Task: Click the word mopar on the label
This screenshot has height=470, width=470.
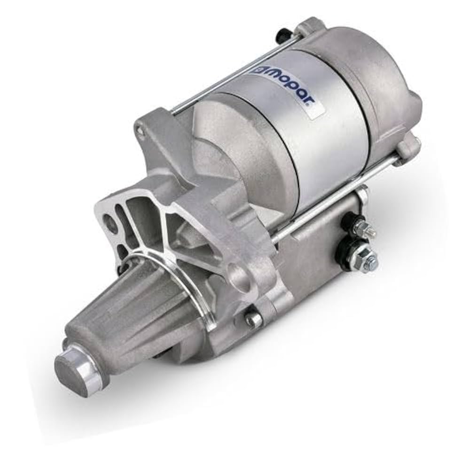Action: tap(294, 91)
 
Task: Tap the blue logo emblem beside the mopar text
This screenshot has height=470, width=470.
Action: tap(260, 70)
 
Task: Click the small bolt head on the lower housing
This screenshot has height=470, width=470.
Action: tap(254, 320)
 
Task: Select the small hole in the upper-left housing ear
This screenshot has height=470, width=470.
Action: tap(139, 130)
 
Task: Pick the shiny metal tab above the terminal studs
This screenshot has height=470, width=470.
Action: tap(362, 190)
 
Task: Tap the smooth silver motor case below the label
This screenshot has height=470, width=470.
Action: tap(324, 150)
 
